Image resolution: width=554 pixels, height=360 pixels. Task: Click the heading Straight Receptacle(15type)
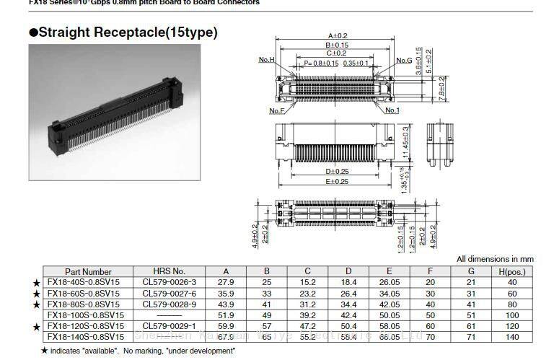click(123, 32)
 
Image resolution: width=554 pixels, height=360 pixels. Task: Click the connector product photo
click(114, 112)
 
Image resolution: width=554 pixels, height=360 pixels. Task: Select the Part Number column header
click(88, 272)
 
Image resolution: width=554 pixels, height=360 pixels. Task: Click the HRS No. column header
click(170, 272)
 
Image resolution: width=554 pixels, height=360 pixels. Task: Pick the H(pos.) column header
click(511, 272)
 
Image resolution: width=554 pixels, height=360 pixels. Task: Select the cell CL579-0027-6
click(170, 294)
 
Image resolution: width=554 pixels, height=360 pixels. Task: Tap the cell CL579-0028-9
click(170, 304)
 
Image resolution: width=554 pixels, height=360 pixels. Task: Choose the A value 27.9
click(227, 282)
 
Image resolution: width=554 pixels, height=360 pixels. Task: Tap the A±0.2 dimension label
click(338, 35)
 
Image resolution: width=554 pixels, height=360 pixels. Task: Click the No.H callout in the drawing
click(267, 60)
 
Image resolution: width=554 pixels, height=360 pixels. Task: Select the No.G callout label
click(403, 61)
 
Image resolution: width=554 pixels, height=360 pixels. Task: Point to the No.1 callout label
click(392, 110)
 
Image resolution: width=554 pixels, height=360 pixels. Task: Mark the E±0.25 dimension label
click(338, 181)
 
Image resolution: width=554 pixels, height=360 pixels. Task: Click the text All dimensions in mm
click(495, 259)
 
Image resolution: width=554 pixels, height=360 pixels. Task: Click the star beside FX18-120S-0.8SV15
click(35, 327)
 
